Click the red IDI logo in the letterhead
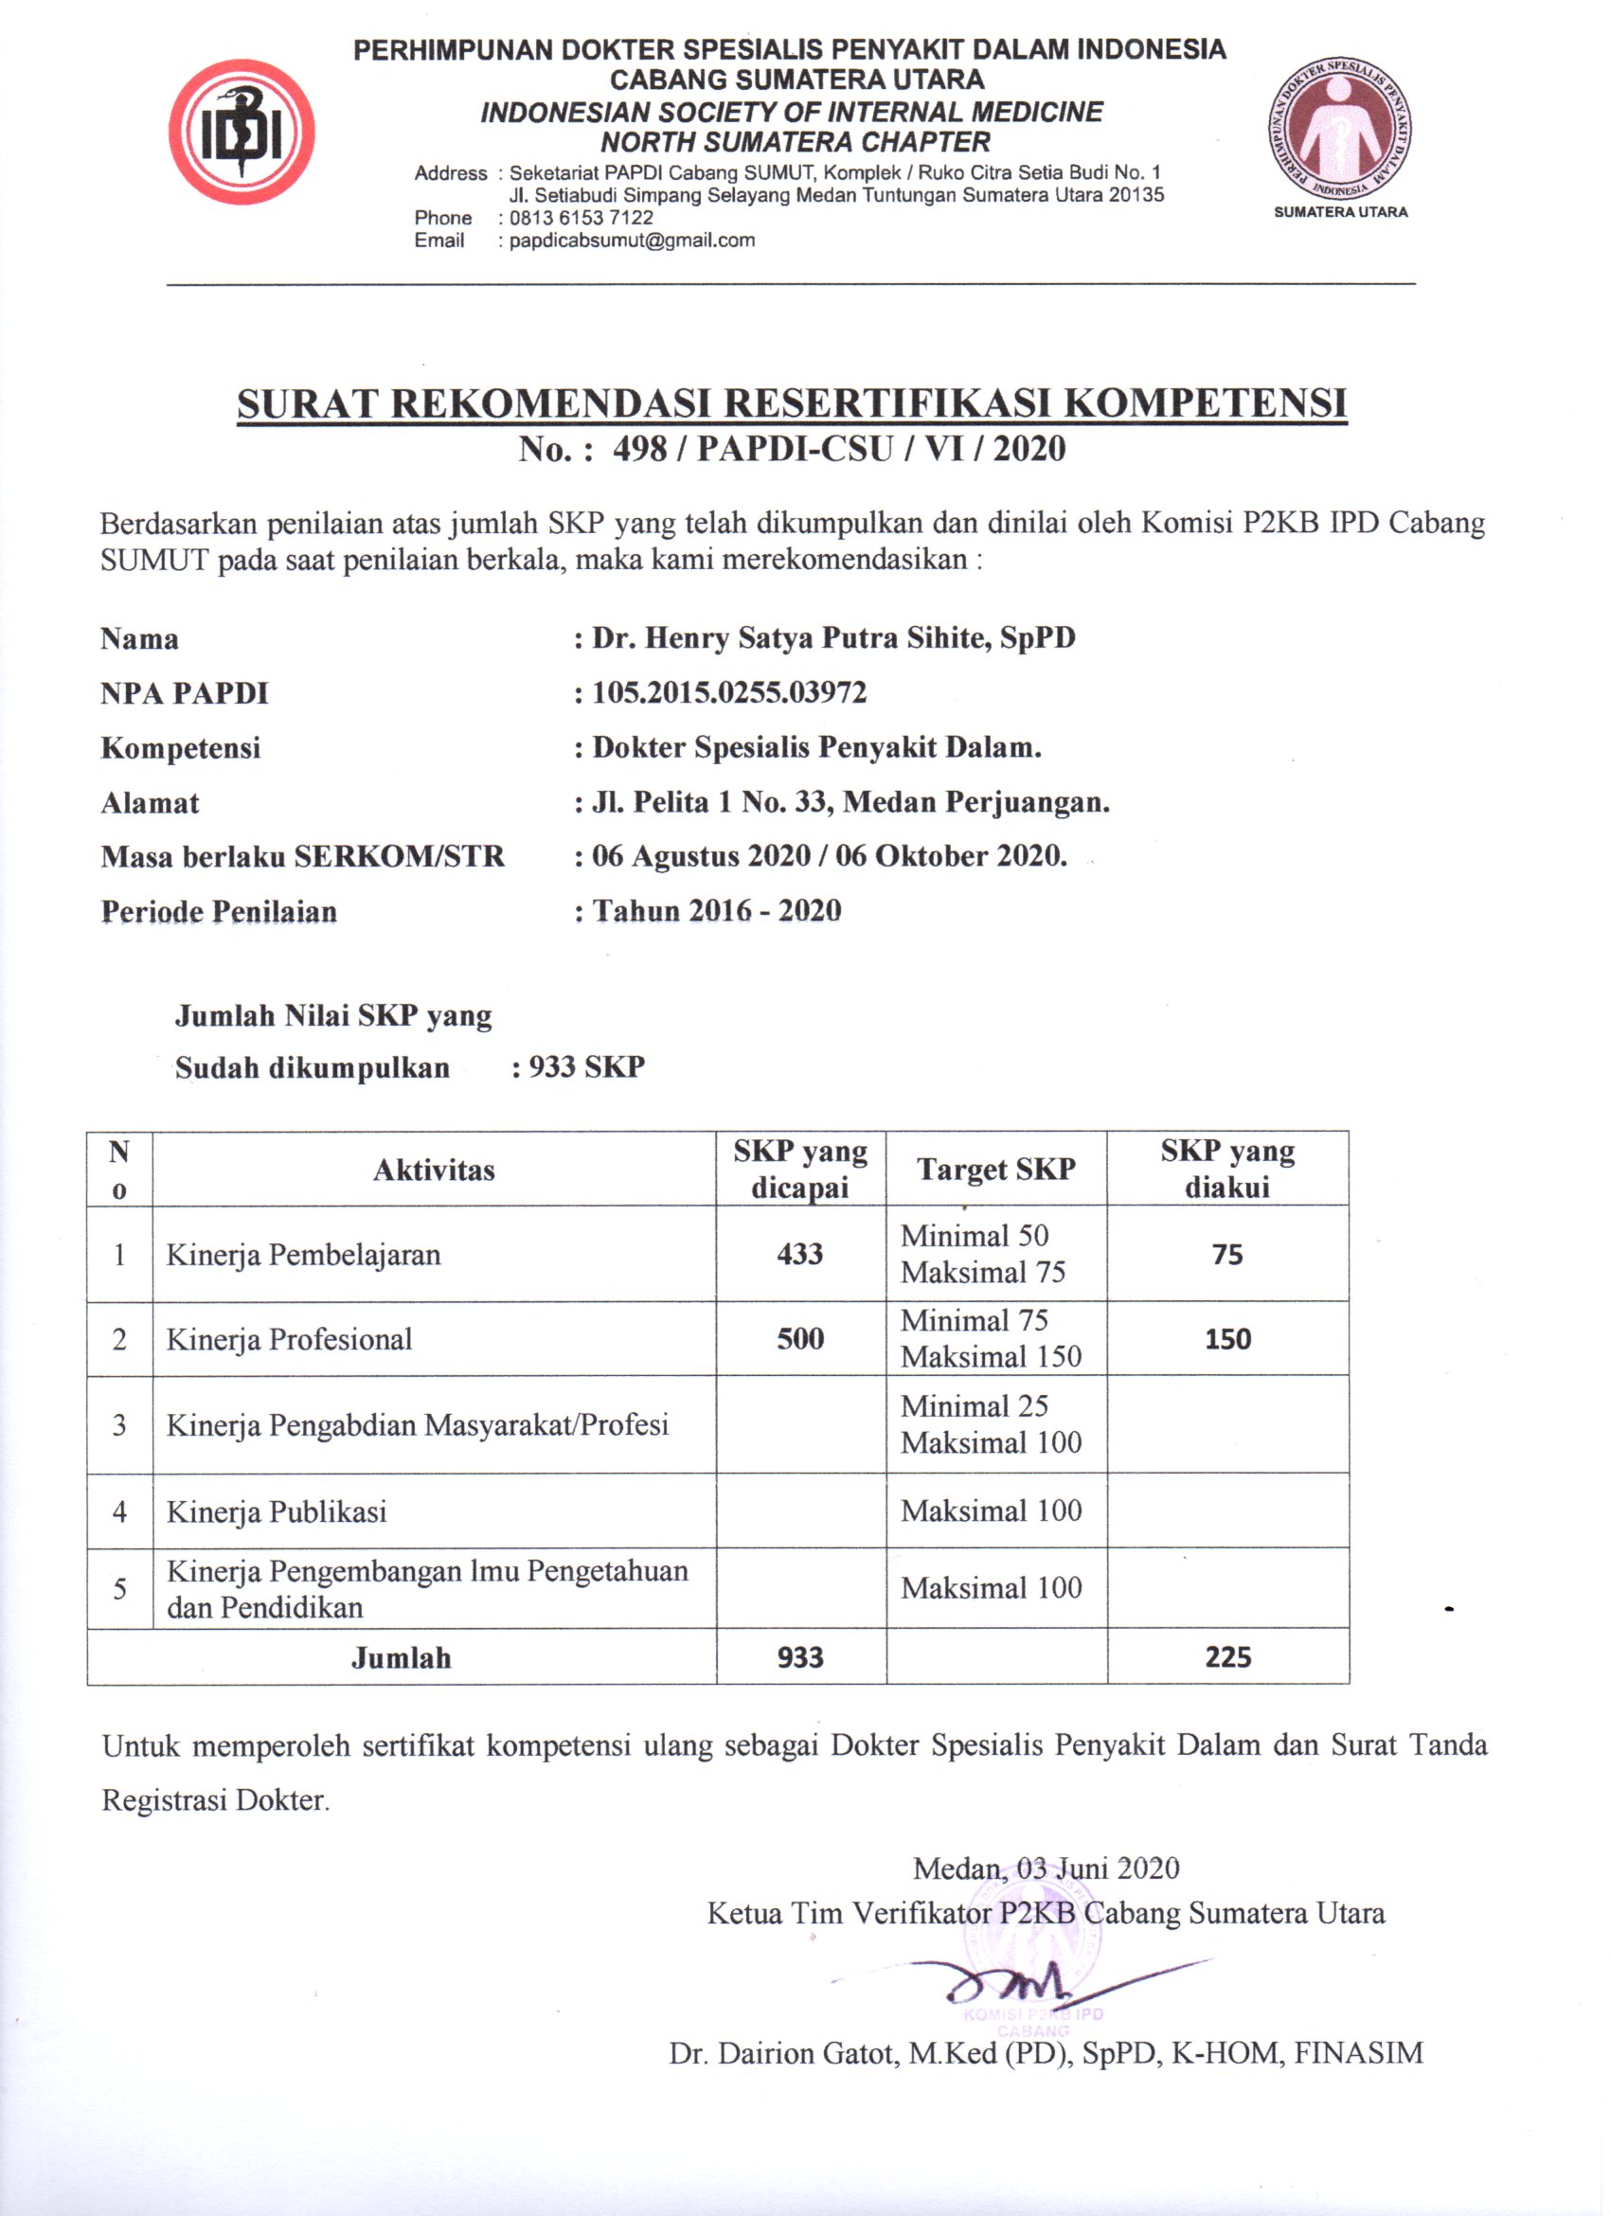coord(241,132)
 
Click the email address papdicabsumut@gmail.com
coord(632,241)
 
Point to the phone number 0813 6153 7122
coord(581,218)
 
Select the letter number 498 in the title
coord(641,450)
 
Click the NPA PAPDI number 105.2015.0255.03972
coord(729,693)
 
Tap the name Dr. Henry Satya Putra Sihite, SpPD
coord(833,638)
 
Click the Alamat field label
coord(150,803)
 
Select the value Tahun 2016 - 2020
coord(716,911)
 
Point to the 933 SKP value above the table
coord(586,1066)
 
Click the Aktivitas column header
coord(434,1170)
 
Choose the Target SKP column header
coord(995,1170)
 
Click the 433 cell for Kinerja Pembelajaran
coord(800,1254)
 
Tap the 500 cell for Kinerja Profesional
coord(800,1338)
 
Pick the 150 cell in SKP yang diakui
coord(1227,1338)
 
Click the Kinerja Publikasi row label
coord(277,1512)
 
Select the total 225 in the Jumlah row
coord(1227,1657)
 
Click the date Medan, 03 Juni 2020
coord(1046,1868)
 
